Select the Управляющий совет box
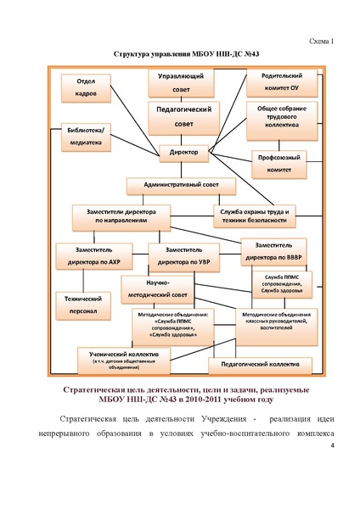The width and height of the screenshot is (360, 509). coord(180,83)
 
